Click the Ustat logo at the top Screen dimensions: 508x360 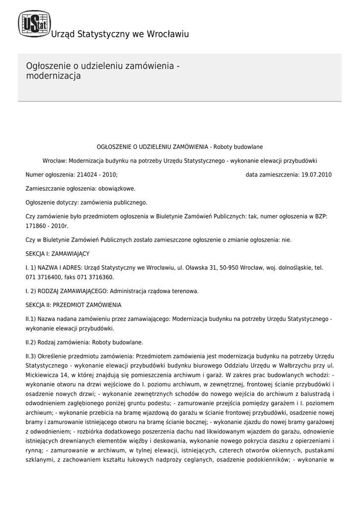pos(34,23)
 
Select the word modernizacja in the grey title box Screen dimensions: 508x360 pos(53,76)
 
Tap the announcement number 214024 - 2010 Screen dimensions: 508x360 pos(96,175)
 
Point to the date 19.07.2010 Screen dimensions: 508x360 pos(316,175)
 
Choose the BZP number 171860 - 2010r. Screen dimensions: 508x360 pos(47,226)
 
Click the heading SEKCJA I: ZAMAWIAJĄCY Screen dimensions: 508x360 pos(57,254)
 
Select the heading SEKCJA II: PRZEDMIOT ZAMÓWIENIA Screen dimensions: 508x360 pos(73,305)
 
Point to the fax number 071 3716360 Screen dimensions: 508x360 pos(97,277)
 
